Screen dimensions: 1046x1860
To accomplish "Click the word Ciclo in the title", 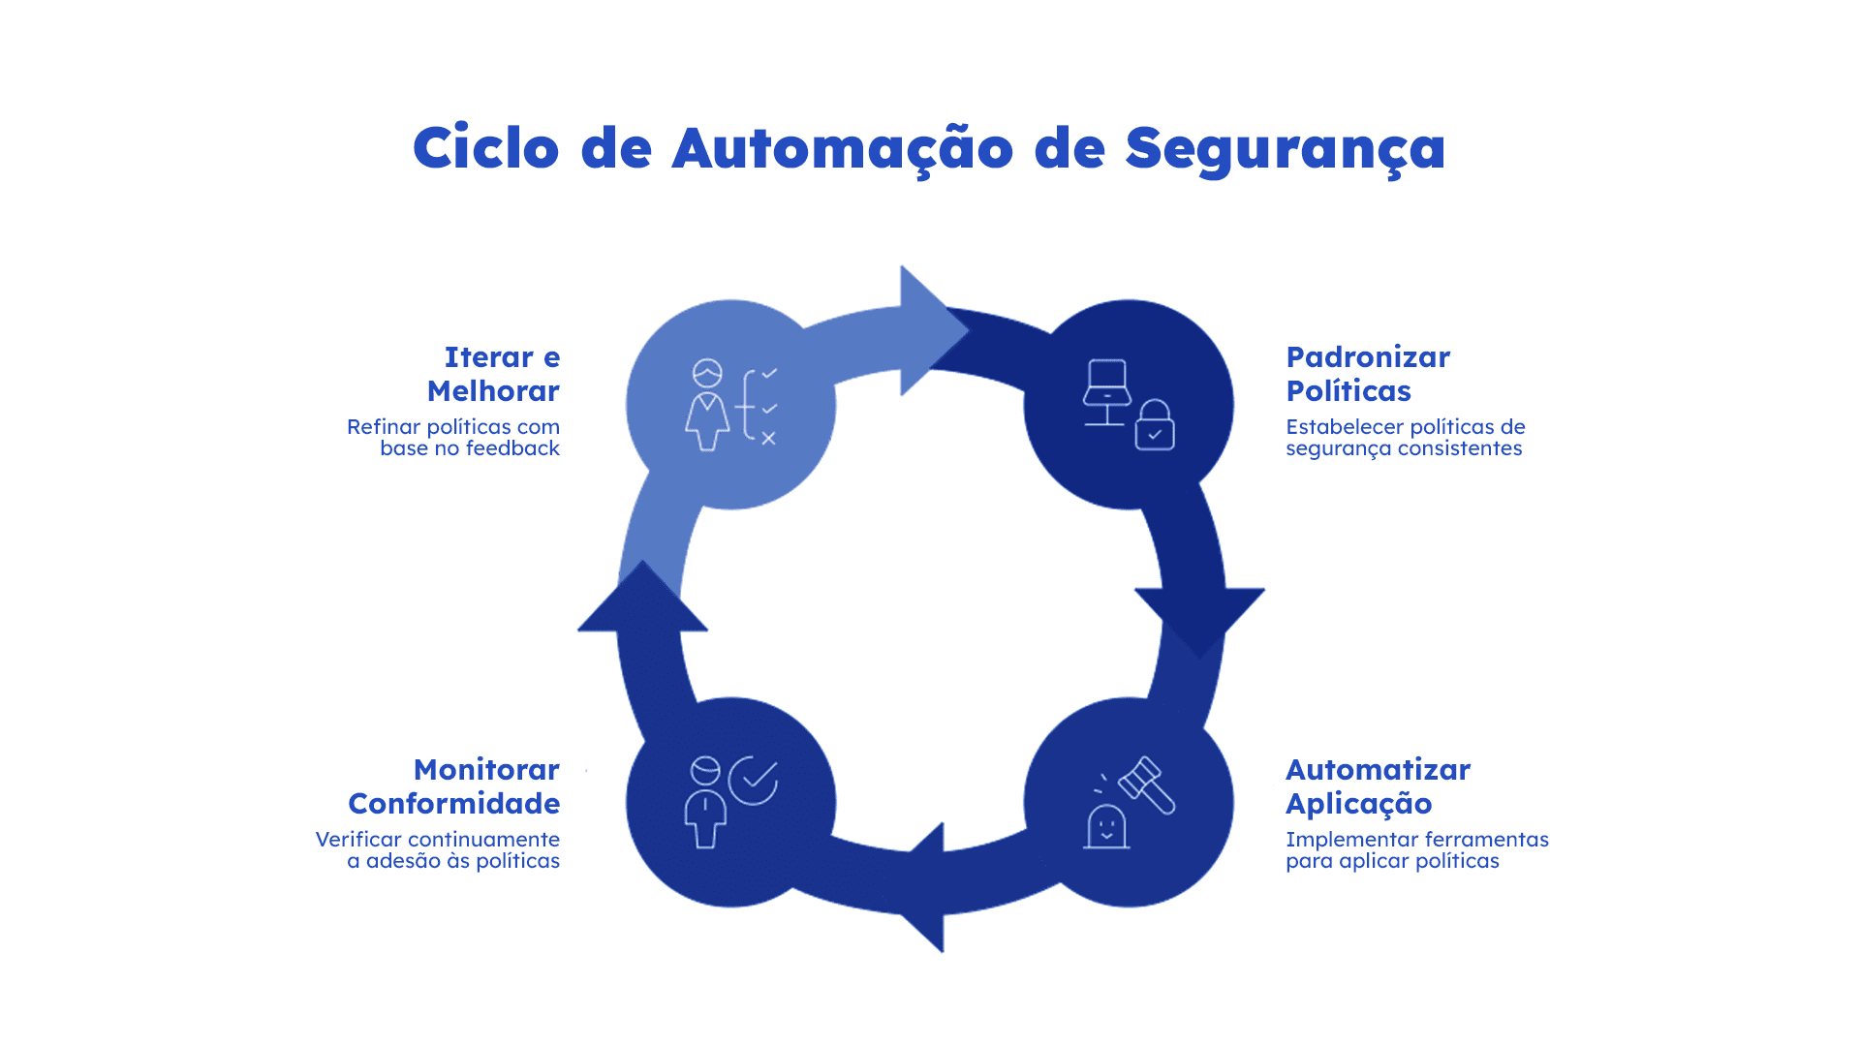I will pyautogui.click(x=485, y=148).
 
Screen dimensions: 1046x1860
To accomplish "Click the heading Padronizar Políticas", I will pyautogui.click(x=1367, y=374).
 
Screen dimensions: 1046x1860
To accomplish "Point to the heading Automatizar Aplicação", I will pyautogui.click(x=1377, y=786).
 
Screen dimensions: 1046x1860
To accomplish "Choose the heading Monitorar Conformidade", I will pyautogui.click(x=453, y=786).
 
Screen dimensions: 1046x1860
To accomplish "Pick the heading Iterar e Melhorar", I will pyautogui.click(x=493, y=374).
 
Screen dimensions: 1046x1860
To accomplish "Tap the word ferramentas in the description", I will pyautogui.click(x=1489, y=840).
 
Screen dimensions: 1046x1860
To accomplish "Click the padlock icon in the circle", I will pyautogui.click(x=1155, y=426).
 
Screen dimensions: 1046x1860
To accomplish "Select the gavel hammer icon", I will pyautogui.click(x=1147, y=784).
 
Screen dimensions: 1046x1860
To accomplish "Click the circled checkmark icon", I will pyautogui.click(x=754, y=780).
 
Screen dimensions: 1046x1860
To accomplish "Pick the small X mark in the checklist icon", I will pyautogui.click(x=768, y=439).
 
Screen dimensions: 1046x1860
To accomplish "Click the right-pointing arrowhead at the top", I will pyautogui.click(x=931, y=330).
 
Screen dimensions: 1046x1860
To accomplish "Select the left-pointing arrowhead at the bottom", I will pyautogui.click(x=926, y=887).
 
